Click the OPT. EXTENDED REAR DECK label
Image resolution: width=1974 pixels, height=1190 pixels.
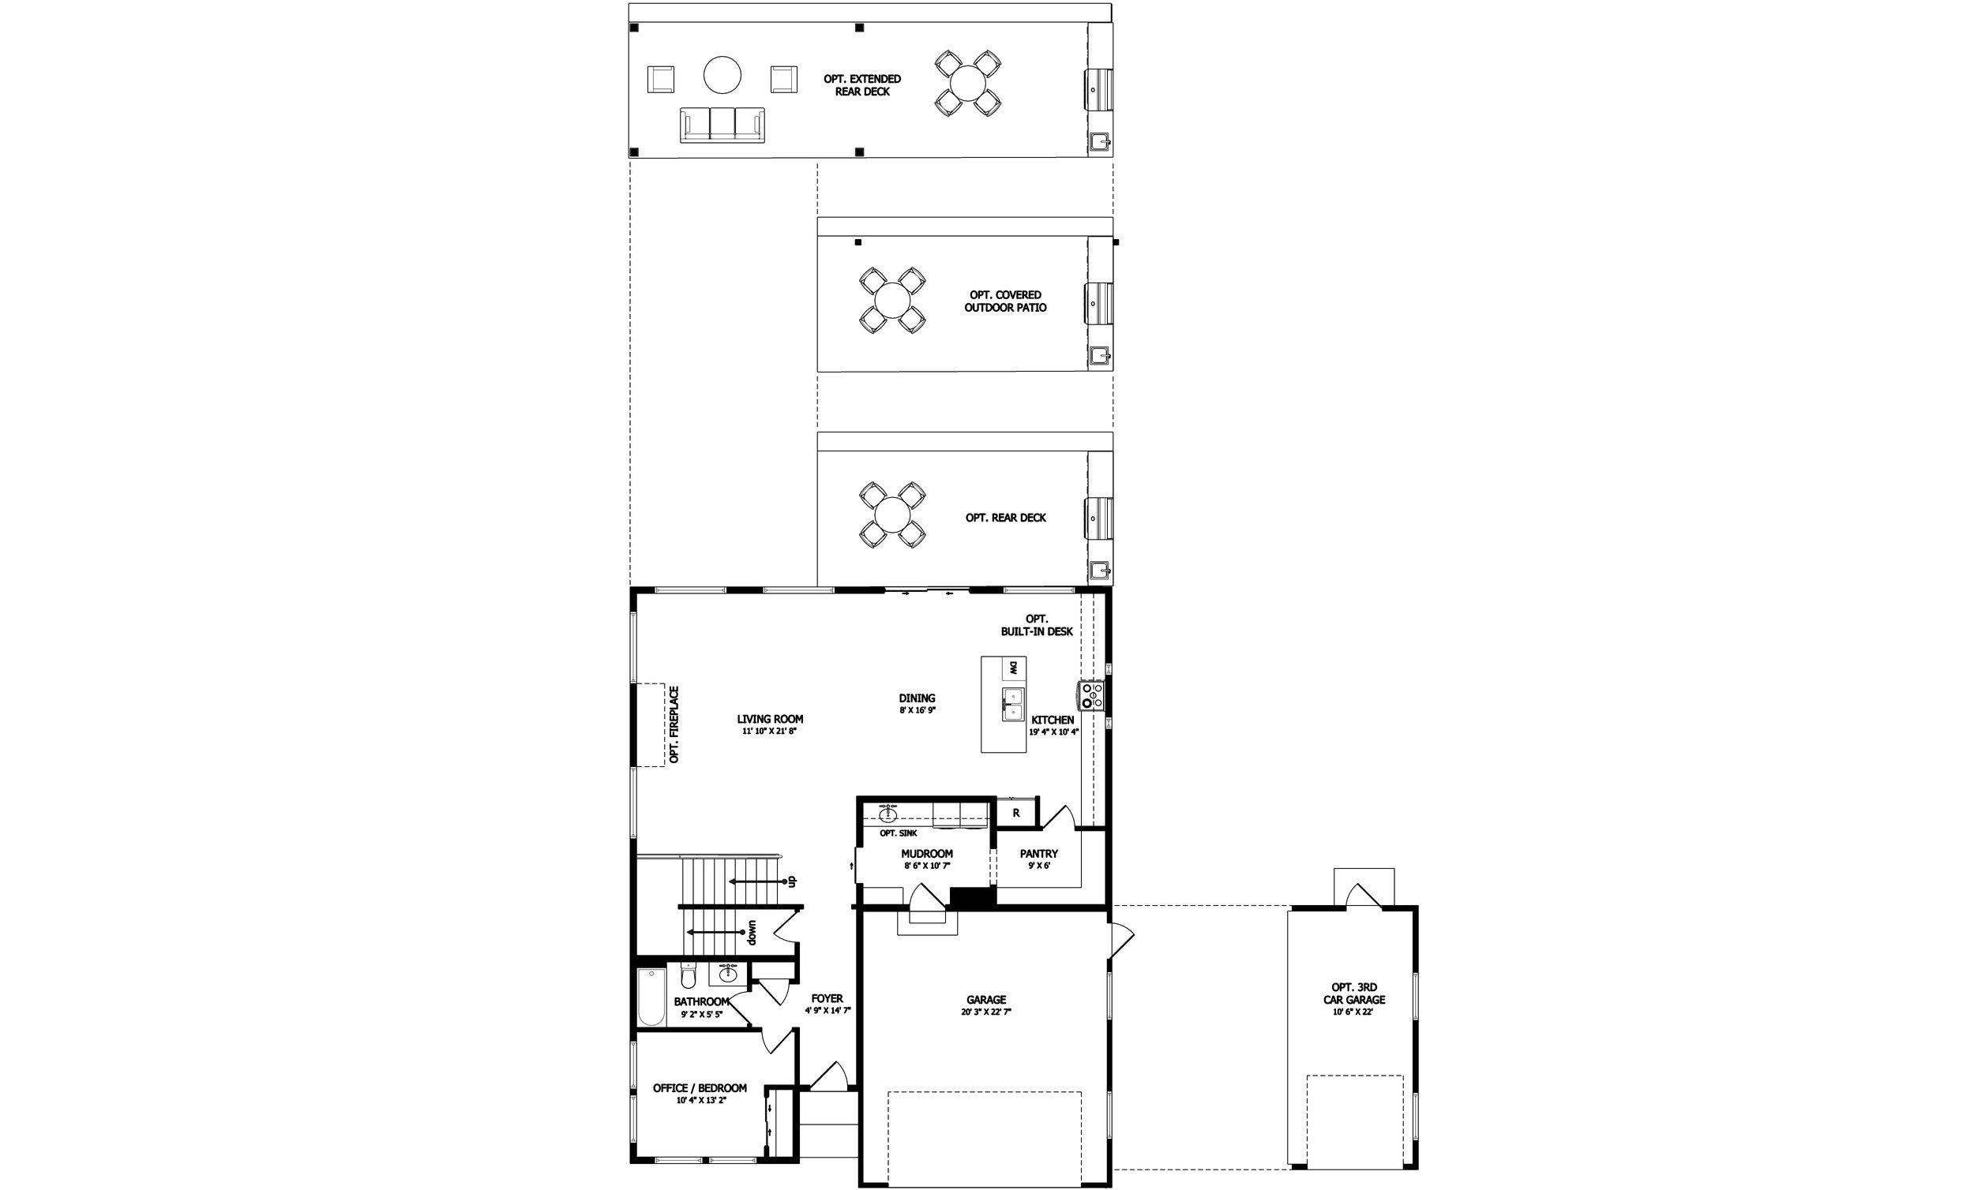point(862,85)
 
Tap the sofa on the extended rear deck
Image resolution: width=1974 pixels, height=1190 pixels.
point(722,124)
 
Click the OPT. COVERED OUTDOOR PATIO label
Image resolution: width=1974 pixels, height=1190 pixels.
point(1004,301)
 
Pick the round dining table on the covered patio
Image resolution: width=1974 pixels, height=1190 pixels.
point(891,301)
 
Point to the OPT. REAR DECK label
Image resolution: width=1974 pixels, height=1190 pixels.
point(1005,518)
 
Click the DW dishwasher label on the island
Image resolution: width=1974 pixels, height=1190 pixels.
point(1013,667)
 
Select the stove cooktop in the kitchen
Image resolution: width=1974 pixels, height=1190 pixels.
point(1090,695)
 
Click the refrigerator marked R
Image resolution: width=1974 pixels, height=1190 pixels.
point(1016,813)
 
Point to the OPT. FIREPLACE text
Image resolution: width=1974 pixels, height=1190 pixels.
point(674,724)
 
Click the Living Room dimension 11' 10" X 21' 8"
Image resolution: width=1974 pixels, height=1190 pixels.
point(769,732)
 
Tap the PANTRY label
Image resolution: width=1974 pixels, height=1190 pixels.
point(1038,854)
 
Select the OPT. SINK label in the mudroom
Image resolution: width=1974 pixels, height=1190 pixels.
point(898,833)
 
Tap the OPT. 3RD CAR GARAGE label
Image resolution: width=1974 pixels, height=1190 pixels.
point(1353,993)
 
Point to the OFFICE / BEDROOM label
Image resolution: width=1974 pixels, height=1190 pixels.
point(700,1087)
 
